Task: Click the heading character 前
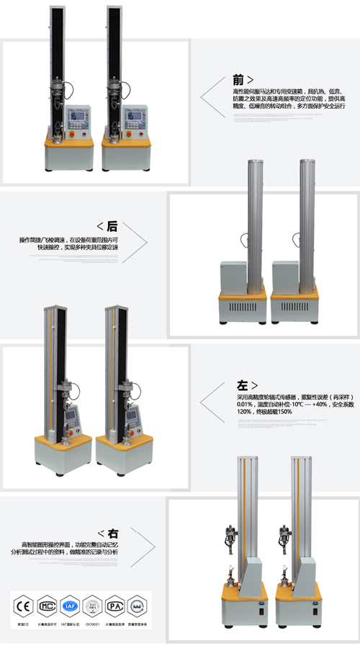coord(238,80)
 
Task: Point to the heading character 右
coord(113,534)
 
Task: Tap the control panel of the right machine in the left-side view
coord(132,418)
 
